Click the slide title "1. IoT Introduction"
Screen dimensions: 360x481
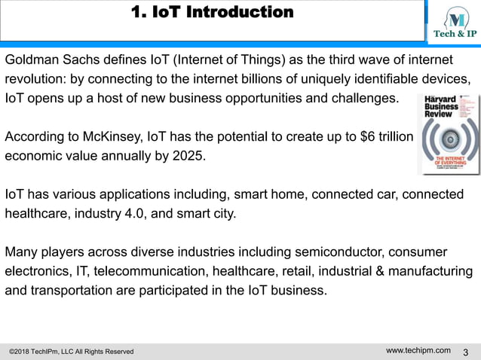(212, 13)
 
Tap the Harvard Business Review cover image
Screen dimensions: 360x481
(448, 133)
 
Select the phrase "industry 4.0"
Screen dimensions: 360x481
(109, 213)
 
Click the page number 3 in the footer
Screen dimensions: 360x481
(465, 352)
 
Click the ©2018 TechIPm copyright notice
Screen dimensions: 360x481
(71, 352)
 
